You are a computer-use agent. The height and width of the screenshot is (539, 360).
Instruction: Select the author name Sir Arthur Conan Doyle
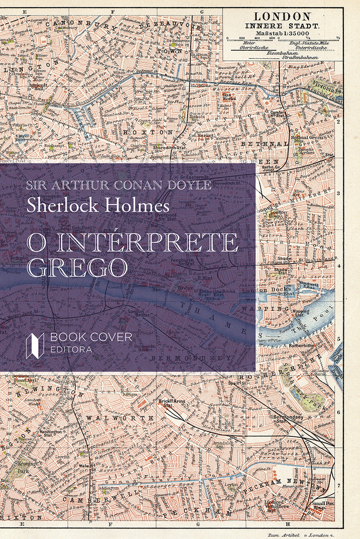click(x=119, y=185)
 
